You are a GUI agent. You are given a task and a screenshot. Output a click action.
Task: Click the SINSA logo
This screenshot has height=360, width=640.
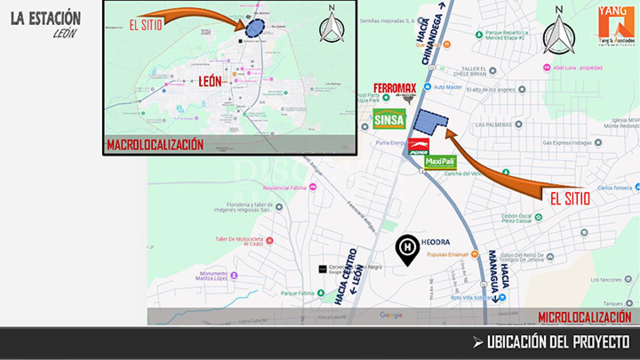(x=389, y=119)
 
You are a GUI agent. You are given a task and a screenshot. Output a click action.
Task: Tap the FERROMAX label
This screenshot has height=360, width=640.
(x=395, y=88)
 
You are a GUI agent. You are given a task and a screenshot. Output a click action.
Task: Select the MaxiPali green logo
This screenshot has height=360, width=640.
(x=440, y=162)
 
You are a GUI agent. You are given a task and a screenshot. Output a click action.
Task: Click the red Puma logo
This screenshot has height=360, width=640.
(x=419, y=147)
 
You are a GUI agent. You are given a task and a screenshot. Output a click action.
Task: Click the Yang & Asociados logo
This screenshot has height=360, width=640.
(x=616, y=26)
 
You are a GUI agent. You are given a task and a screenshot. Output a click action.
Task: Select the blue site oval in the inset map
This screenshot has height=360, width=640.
(x=255, y=28)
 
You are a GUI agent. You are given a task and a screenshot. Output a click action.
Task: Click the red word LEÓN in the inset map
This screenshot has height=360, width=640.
(x=210, y=81)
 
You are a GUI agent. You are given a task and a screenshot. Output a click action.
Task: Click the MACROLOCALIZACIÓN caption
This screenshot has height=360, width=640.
(x=155, y=145)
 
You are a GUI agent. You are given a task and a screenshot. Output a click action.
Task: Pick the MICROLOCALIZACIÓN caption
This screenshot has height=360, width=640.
(x=584, y=317)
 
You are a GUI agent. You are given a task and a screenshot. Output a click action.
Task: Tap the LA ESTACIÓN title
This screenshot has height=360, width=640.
(x=46, y=19)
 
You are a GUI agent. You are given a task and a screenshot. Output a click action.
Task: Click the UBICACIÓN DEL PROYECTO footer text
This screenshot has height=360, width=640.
(x=558, y=342)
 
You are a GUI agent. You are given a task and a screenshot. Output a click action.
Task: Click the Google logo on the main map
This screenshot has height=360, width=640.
(x=391, y=315)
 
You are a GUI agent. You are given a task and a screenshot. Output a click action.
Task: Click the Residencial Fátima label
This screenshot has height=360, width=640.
(x=284, y=188)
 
